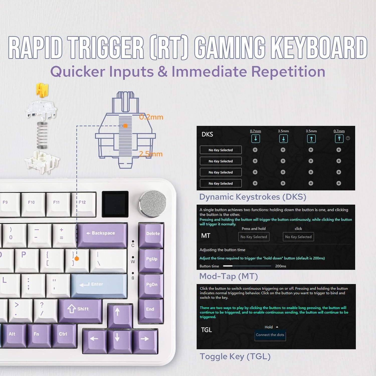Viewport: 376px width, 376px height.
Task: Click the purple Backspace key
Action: pos(101,233)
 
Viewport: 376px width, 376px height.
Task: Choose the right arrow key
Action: pos(145,339)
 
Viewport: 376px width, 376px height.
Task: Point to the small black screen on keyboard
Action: pos(115,204)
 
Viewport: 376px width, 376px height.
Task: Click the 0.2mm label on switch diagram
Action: pos(151,117)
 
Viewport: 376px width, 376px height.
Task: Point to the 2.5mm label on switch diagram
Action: pos(151,154)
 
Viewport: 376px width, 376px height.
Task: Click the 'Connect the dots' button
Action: pos(270,335)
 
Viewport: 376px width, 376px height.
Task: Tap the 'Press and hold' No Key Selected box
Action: pos(254,237)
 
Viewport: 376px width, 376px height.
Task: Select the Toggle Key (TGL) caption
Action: pos(235,356)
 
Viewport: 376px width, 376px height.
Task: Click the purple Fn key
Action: pos(36,334)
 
